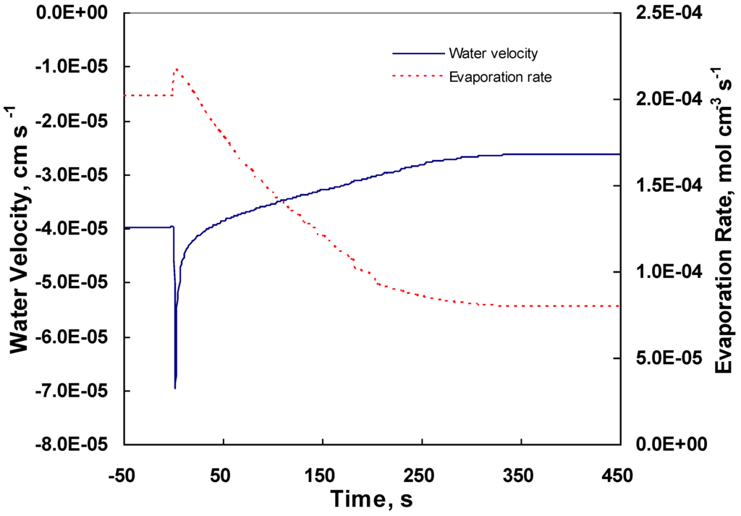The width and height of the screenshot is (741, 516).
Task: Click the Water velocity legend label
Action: click(492, 54)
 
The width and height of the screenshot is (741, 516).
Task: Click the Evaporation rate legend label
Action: click(500, 77)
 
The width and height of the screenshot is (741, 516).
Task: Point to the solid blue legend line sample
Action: click(417, 54)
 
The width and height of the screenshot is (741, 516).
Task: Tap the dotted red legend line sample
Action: click(417, 76)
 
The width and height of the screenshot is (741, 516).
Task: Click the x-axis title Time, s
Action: click(372, 499)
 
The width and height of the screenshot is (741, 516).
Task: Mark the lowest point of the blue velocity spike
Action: click(175, 389)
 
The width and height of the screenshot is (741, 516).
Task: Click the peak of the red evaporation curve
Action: click(177, 69)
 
